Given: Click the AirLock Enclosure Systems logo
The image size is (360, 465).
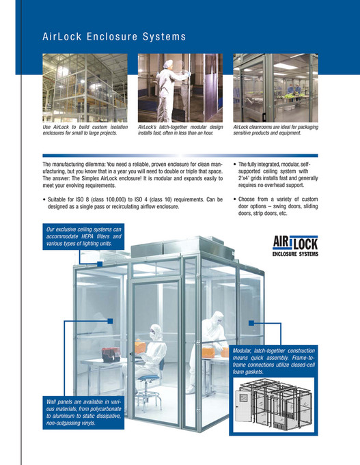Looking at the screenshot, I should click(298, 245).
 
